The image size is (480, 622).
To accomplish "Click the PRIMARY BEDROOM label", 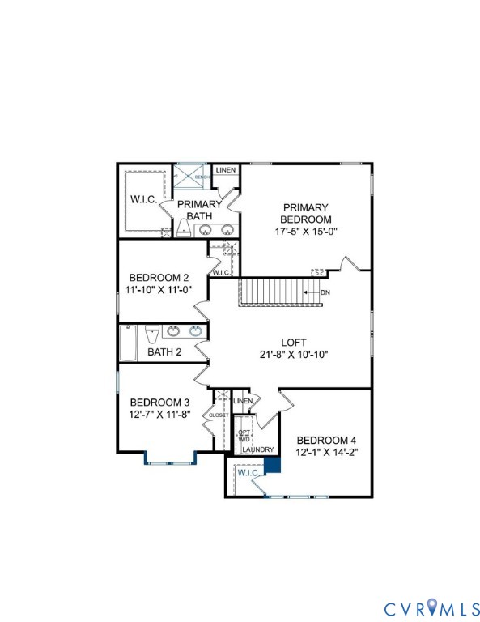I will [x=306, y=213].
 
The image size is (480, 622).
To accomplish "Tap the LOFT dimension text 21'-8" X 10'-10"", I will [x=294, y=354].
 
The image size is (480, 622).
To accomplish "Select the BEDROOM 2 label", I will [x=159, y=278].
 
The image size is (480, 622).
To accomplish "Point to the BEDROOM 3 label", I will [x=159, y=403].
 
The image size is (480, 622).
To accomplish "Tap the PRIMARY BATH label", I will [x=199, y=210].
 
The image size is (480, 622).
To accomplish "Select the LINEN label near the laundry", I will [x=243, y=401].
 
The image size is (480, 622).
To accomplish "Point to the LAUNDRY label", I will [x=258, y=449].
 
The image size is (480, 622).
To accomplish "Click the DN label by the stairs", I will [x=325, y=292].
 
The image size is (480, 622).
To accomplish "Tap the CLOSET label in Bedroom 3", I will [x=219, y=415].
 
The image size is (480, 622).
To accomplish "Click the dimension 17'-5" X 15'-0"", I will [x=306, y=231].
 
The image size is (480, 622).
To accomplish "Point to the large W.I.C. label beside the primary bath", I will [x=142, y=198].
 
